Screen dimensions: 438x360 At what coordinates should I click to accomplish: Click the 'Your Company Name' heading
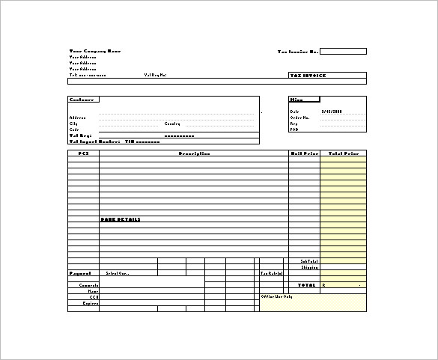[94, 51]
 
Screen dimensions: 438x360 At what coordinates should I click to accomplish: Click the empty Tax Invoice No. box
[344, 51]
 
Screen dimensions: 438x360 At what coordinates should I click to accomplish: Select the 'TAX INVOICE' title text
[307, 76]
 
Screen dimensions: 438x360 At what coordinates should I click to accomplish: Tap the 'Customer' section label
[82, 99]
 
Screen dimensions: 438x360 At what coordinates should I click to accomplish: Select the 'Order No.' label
[299, 117]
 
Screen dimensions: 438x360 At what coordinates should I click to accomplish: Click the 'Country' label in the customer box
[172, 123]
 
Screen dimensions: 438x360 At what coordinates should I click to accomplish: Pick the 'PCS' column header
[83, 153]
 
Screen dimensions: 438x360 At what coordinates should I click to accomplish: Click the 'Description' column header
[193, 153]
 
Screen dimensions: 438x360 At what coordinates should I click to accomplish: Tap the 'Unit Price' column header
[304, 153]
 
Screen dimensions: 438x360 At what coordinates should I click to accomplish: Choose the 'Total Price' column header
[343, 153]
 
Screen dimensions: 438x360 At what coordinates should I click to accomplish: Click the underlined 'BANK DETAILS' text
[120, 219]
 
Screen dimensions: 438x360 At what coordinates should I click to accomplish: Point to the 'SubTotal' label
[308, 260]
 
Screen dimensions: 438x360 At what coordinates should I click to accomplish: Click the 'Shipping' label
[309, 266]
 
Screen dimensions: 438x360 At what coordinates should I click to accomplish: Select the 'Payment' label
[80, 273]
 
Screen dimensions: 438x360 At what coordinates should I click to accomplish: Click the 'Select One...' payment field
[118, 273]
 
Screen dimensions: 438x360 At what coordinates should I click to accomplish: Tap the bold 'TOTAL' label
[307, 285]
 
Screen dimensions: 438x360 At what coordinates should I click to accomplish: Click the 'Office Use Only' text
[276, 296]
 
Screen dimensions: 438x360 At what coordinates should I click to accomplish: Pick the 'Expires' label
[91, 302]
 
